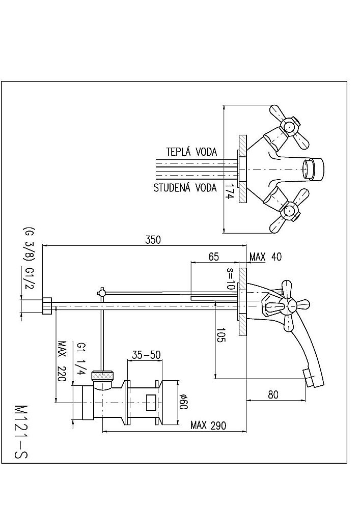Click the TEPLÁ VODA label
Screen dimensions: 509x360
tap(191, 152)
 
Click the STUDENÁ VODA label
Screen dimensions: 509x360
tap(185, 188)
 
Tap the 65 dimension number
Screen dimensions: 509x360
tap(214, 257)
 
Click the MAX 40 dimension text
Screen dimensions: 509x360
tap(265, 257)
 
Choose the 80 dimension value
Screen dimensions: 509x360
tap(274, 394)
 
